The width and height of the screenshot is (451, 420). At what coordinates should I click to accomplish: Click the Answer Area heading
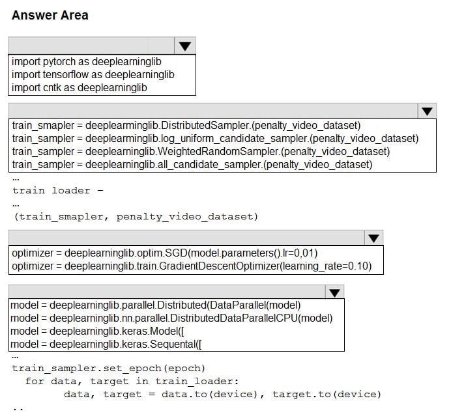[x=50, y=15]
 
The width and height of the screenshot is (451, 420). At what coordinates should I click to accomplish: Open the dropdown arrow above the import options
[x=185, y=46]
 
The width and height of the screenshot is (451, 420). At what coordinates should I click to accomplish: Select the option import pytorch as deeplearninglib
[x=87, y=62]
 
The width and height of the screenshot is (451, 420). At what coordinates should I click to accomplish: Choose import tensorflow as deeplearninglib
[x=93, y=75]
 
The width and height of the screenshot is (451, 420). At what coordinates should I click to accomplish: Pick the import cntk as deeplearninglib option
[x=80, y=88]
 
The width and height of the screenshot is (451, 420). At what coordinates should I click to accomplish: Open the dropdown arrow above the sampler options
[x=427, y=111]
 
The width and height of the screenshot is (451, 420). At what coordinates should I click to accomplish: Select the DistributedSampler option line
[x=186, y=126]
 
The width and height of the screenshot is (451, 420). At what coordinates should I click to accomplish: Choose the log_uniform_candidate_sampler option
[x=216, y=139]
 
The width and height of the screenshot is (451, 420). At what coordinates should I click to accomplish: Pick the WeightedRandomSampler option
[x=201, y=151]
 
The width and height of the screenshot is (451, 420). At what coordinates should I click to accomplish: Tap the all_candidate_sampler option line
[x=192, y=165]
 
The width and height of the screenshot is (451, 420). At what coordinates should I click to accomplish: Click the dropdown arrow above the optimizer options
[x=373, y=238]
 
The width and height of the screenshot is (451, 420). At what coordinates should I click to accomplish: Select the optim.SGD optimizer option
[x=165, y=253]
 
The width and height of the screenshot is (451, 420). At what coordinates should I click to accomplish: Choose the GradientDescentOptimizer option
[x=192, y=266]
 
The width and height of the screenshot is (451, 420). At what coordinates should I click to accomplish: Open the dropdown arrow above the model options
[x=334, y=292]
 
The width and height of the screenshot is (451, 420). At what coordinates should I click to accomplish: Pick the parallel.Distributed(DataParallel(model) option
[x=156, y=305]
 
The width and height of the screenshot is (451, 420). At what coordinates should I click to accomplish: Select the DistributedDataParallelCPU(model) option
[x=171, y=318]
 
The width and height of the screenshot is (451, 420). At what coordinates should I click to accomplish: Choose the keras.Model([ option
[x=97, y=331]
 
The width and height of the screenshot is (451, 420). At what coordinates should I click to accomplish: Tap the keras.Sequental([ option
[x=106, y=344]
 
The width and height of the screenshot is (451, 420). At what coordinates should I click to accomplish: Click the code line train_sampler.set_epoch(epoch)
[x=109, y=369]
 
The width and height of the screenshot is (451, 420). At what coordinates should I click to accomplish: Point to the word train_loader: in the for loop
[x=197, y=381]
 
